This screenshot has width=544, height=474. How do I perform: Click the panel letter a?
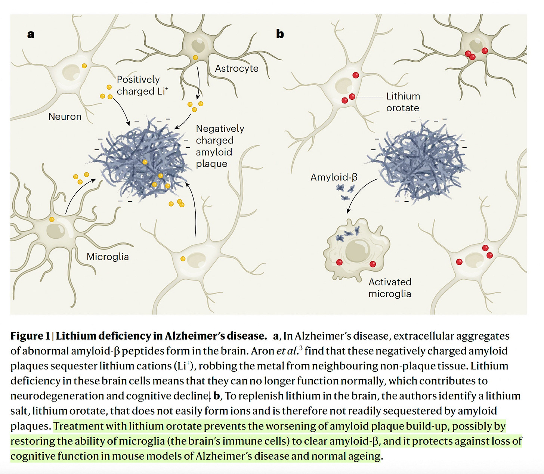31,34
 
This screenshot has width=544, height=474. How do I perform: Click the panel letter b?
280,34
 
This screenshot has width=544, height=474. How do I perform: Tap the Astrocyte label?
237,68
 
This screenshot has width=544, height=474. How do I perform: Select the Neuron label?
65,117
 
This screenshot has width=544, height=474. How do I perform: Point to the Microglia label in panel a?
108,257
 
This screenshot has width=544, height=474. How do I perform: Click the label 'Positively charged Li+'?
142,85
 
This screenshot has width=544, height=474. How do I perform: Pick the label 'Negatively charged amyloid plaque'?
220,146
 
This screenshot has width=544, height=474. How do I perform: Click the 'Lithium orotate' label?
403,102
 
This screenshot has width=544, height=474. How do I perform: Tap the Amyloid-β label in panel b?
334,177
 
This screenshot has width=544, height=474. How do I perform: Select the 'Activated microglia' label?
390,288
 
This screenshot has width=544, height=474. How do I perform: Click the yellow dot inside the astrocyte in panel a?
195,58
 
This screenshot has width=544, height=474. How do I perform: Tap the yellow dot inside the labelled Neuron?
84,66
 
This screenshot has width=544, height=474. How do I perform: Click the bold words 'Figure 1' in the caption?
30,336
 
